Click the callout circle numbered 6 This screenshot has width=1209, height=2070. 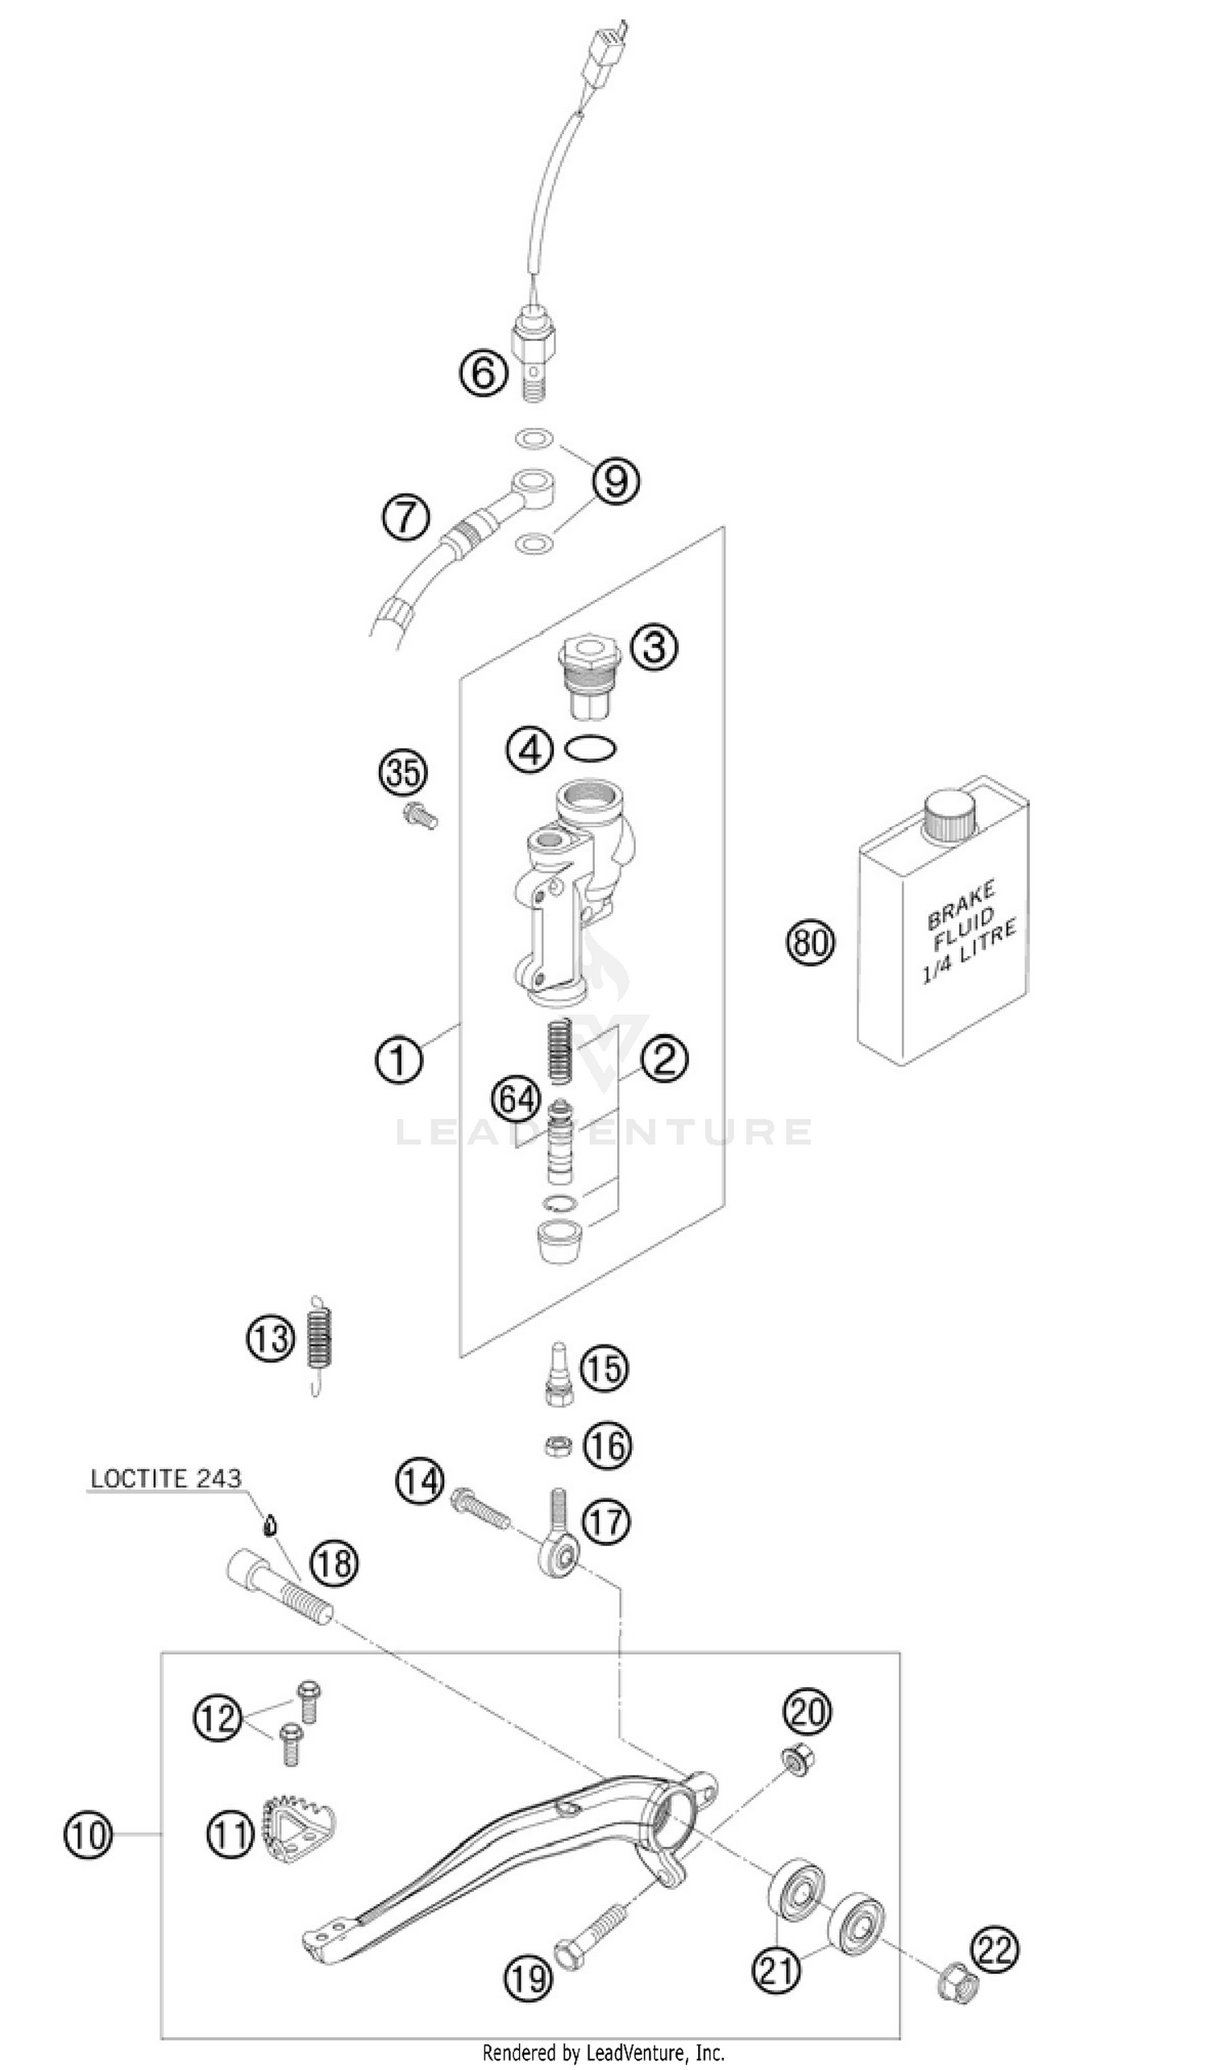483,374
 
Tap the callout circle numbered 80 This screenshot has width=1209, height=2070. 810,942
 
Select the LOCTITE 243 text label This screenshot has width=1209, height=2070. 165,1478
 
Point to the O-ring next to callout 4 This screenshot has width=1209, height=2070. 592,748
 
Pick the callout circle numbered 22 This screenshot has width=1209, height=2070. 995,1949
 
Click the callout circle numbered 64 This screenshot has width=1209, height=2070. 517,1100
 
